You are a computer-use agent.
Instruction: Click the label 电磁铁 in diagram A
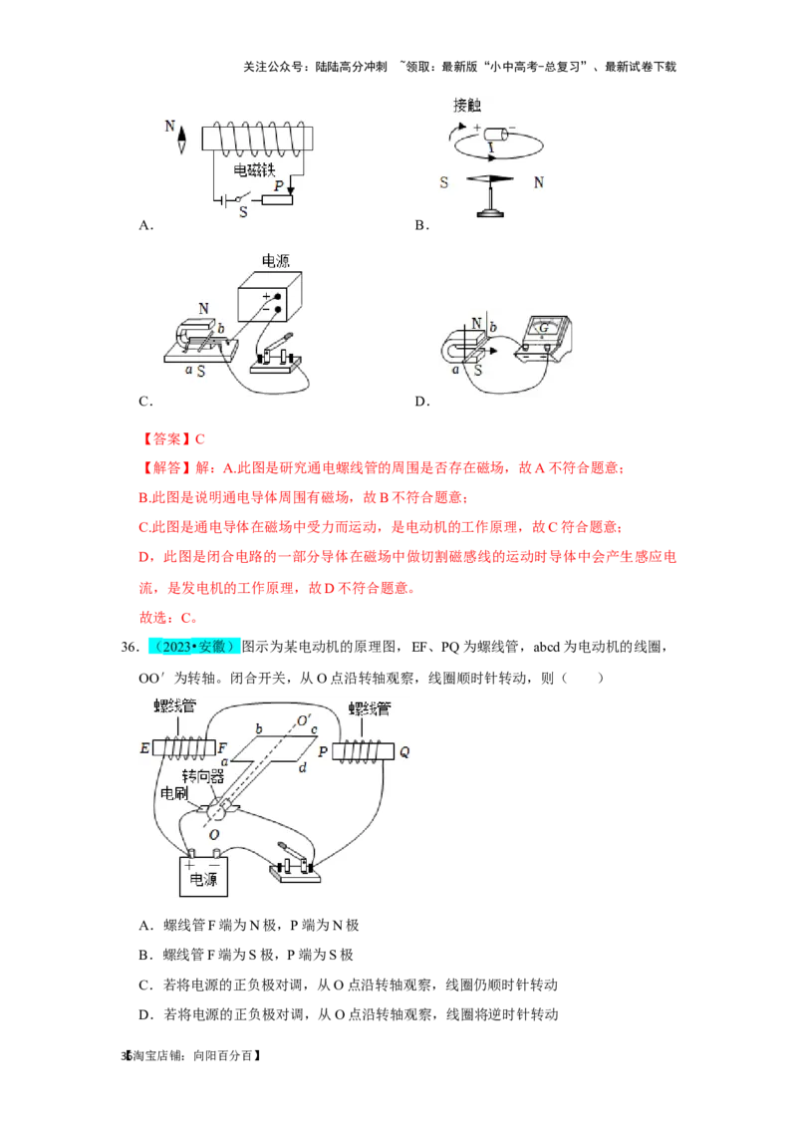(x=254, y=169)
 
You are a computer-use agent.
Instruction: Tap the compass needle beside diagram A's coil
(x=182, y=139)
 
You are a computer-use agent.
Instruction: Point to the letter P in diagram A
(x=278, y=185)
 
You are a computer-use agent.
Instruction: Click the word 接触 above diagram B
(x=467, y=105)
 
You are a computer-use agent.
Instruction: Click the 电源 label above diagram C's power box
(x=275, y=260)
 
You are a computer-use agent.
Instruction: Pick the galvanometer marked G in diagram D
(x=544, y=337)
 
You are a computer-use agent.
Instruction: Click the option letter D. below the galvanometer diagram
(x=422, y=402)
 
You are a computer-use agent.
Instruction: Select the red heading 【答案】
(x=166, y=438)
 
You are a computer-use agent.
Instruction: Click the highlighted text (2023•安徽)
(x=194, y=646)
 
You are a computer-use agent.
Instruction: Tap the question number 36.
(x=131, y=647)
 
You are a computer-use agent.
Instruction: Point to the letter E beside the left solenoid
(x=144, y=748)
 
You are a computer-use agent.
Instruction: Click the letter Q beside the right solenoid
(x=404, y=751)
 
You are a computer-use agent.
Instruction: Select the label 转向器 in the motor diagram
(x=203, y=776)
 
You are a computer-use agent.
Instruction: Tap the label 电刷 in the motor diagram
(x=174, y=793)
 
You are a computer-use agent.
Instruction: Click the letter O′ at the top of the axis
(x=305, y=720)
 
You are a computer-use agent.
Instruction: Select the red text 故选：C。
(x=168, y=617)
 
